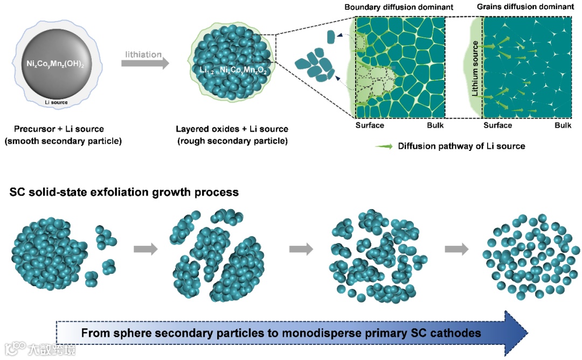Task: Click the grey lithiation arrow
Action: click(x=145, y=63)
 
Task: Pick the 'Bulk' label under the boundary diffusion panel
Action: click(x=435, y=126)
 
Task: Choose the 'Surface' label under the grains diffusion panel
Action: click(x=497, y=126)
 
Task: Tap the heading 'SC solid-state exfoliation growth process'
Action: click(x=124, y=192)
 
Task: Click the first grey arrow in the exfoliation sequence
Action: click(x=145, y=249)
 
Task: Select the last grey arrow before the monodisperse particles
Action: click(x=456, y=249)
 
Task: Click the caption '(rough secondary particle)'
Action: click(x=232, y=142)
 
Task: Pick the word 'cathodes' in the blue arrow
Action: click(x=455, y=333)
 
